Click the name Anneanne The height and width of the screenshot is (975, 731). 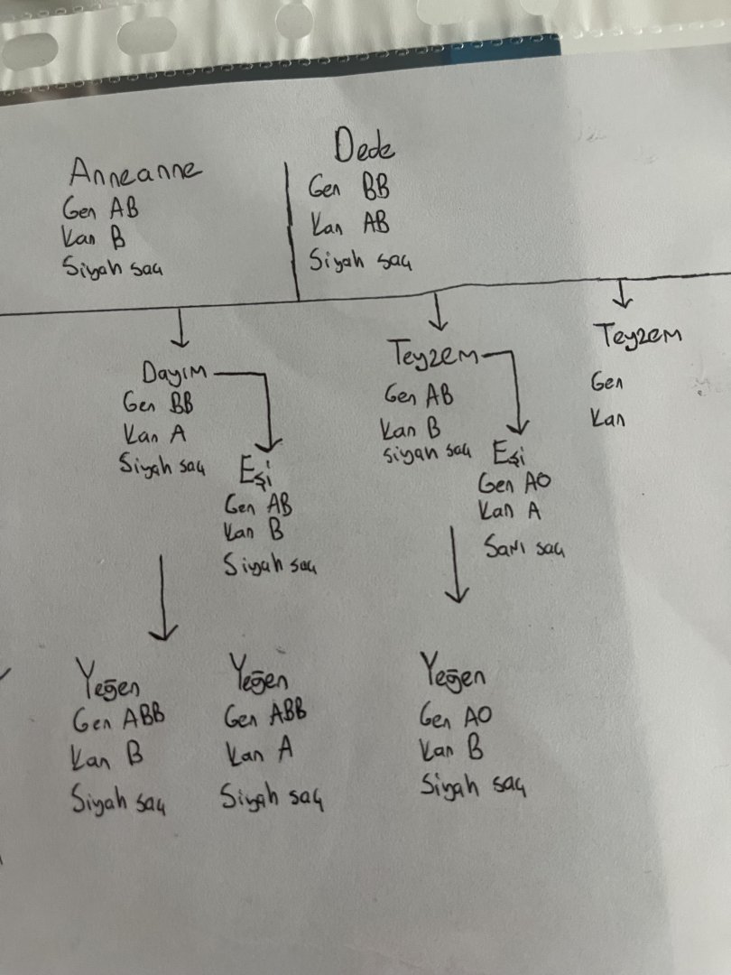pos(135,172)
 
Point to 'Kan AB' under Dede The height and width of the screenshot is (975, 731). pos(351,223)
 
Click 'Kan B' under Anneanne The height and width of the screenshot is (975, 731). pos(94,238)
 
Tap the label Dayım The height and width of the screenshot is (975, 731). pos(174,372)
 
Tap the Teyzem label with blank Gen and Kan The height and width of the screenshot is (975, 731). pos(638,337)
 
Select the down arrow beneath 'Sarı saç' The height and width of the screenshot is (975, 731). pos(458,564)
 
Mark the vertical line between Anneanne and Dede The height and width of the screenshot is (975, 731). pos(291,230)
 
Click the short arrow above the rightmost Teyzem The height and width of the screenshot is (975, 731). pos(621,294)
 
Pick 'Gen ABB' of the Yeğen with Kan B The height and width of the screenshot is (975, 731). pos(119,720)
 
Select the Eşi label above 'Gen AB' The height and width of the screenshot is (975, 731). pos(259,472)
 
